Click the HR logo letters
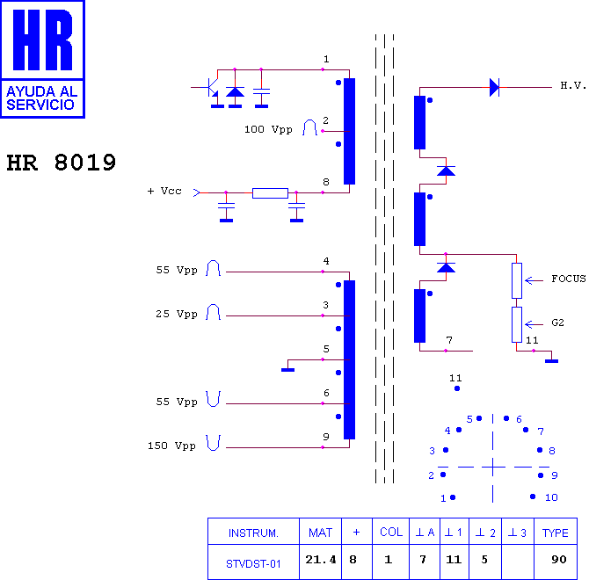42,40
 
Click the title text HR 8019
62,163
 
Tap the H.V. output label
573,85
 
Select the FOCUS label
568,279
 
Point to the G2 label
558,323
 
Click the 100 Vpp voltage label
268,130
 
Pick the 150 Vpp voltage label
171,446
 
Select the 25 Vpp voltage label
177,314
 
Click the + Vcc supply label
164,191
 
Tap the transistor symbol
211,88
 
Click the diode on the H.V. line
494,87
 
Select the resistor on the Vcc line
270,193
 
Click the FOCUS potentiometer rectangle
517,281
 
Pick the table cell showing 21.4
320,560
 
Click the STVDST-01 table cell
253,563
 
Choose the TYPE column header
556,533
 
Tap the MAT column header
320,533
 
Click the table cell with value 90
559,560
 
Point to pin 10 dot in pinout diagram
533,497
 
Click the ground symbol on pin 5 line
287,370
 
